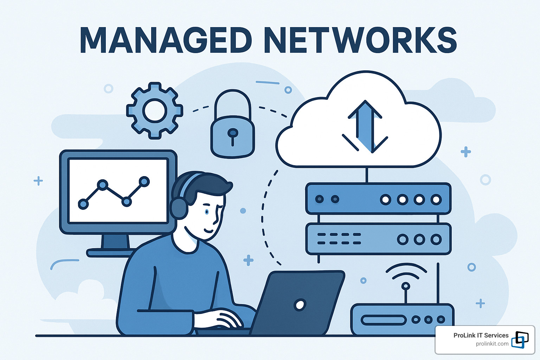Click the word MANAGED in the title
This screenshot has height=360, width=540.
166,40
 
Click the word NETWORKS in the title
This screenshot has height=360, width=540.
361,40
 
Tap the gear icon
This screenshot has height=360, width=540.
155,111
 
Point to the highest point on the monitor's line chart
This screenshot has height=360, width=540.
144,181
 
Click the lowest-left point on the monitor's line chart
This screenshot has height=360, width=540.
83,204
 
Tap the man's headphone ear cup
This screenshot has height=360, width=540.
179,208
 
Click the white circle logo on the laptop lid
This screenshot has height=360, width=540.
300,305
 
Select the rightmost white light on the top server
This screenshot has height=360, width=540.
436,200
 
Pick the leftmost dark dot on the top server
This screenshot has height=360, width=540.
320,199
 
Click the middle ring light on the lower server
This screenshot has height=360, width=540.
419,239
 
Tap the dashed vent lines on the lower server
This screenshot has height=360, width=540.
339,239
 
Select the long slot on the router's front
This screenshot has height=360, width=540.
384,320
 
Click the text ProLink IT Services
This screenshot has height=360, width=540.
481,335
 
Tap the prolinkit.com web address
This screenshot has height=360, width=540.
492,344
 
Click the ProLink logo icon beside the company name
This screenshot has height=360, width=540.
520,340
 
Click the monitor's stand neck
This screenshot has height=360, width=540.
115,242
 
